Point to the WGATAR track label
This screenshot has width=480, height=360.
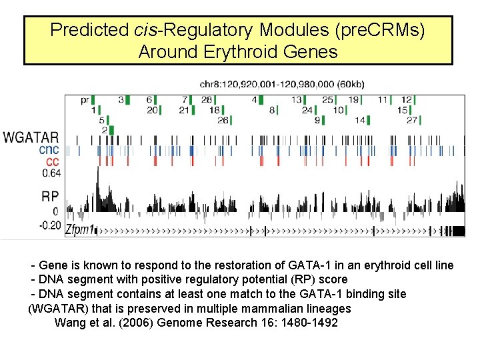(31, 138)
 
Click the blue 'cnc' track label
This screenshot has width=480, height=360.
(49, 150)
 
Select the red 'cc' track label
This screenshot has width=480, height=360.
(52, 161)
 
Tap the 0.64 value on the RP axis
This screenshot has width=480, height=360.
(51, 173)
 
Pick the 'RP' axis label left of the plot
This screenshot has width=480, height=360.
(50, 196)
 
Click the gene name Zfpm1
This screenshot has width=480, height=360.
(79, 229)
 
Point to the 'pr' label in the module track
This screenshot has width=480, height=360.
(85, 99)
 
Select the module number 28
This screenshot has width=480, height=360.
(207, 99)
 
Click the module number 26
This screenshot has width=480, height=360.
(223, 120)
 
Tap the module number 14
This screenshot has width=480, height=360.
(360, 120)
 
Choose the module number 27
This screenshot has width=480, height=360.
(411, 120)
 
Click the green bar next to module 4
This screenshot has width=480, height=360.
(263, 99)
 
